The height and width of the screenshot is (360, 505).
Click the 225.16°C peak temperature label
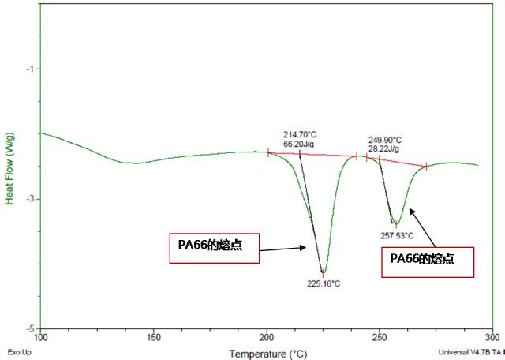click(x=324, y=283)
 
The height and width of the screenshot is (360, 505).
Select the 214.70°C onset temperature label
click(x=299, y=135)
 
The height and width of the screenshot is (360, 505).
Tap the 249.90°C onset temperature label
click(x=385, y=140)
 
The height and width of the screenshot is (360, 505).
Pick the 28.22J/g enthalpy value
click(x=383, y=148)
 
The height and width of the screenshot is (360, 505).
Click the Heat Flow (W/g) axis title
click(x=10, y=169)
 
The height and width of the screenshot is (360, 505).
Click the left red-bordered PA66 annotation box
click(x=214, y=248)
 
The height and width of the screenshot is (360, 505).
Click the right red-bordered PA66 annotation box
click(x=428, y=261)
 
